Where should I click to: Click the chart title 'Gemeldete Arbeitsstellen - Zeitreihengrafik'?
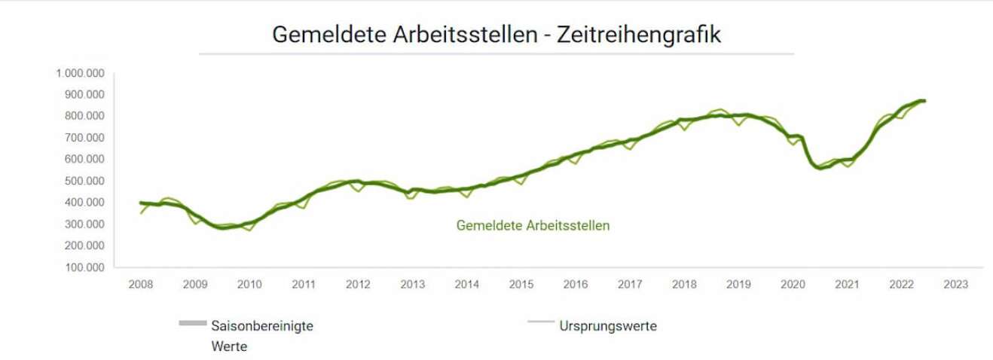[x=496, y=35]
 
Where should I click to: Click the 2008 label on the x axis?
[x=141, y=285]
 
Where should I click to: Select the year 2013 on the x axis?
[x=412, y=285]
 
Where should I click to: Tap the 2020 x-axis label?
[x=793, y=285]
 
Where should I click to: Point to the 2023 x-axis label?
[x=955, y=285]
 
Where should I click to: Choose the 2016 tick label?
[x=576, y=285]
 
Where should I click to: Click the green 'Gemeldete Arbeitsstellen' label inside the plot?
[x=533, y=225]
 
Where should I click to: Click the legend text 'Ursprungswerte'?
[x=608, y=326]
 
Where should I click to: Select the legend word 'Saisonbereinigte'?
[x=262, y=326]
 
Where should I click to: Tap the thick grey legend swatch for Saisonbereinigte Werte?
[x=193, y=323]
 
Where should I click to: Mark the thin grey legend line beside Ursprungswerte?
[x=540, y=323]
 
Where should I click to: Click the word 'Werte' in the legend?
[x=229, y=346]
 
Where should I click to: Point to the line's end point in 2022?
[x=924, y=101]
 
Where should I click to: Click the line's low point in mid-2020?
[x=820, y=168]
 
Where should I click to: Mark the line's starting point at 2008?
[x=141, y=203]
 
